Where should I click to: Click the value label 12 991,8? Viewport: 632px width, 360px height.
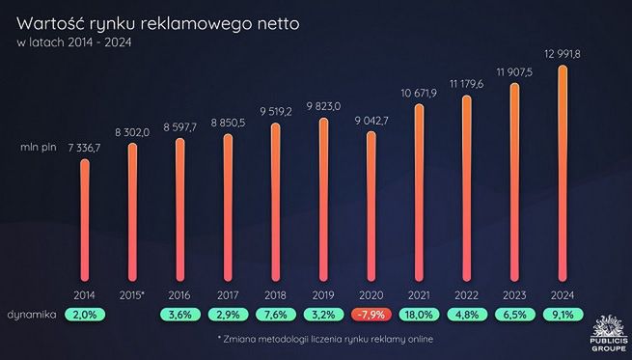click(562, 53)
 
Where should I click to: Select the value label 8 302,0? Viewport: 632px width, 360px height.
click(132, 131)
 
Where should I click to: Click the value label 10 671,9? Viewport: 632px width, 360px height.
click(419, 92)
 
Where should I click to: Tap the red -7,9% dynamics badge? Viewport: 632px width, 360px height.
click(371, 315)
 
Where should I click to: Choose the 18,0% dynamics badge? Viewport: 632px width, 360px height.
click(419, 315)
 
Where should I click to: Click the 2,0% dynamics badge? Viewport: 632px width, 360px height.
click(85, 315)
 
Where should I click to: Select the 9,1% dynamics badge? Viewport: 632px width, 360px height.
click(563, 315)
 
